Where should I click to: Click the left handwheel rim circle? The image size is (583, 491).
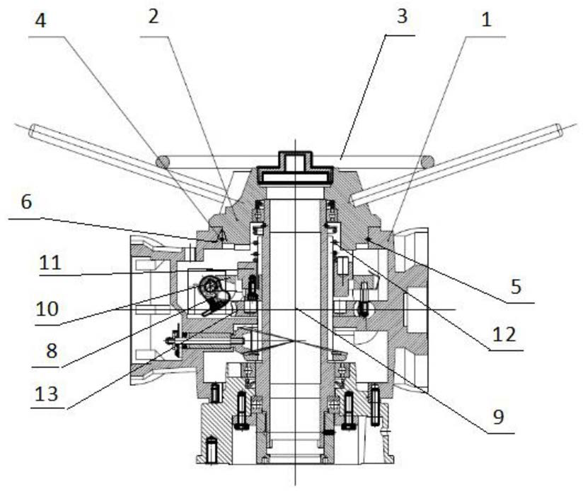coord(163,162)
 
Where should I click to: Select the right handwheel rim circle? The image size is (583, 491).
coord(427,162)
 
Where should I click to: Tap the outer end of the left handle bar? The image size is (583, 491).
coord(33,131)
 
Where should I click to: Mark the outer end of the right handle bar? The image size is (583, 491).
coord(558,129)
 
